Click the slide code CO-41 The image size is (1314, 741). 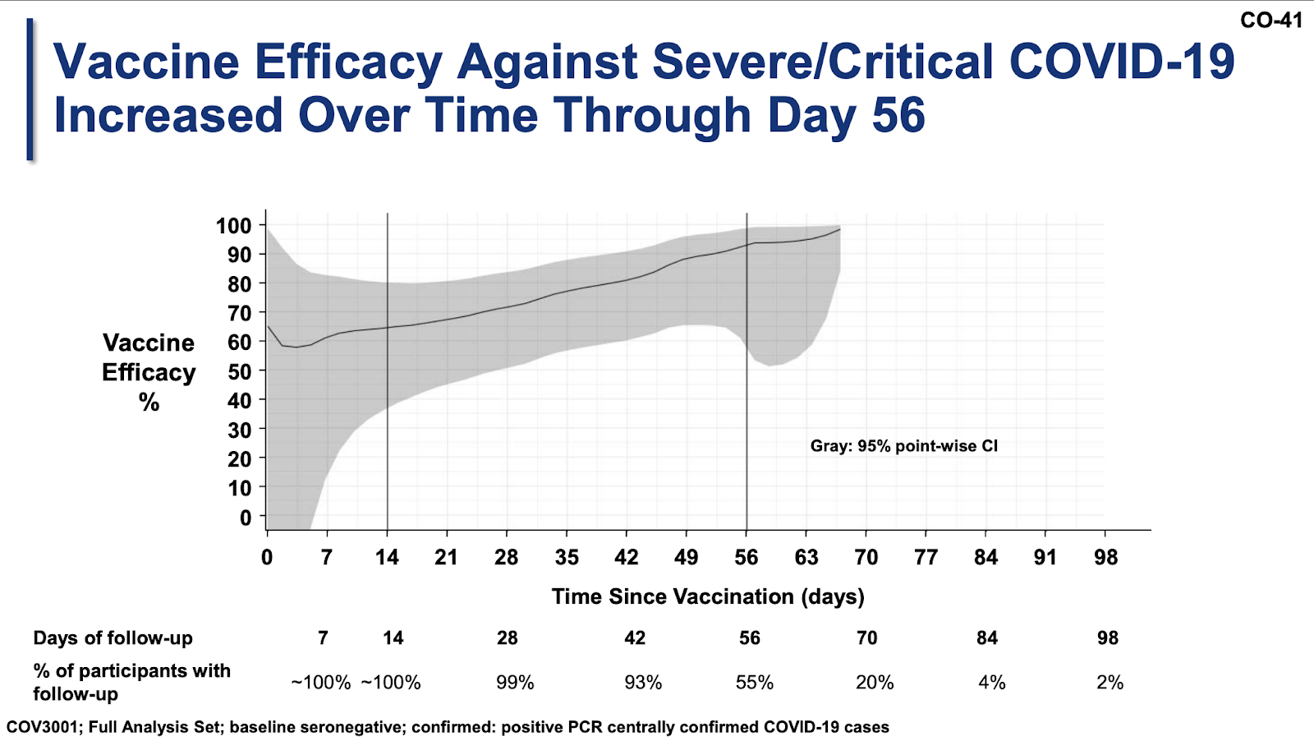(1270, 20)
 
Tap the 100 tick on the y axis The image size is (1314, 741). (234, 226)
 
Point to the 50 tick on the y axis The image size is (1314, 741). (239, 371)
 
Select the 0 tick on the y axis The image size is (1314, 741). (246, 518)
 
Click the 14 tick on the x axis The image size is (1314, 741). (387, 558)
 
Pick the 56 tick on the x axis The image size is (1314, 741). (747, 558)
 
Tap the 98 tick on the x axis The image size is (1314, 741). (1106, 558)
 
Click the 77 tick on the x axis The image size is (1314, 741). (926, 558)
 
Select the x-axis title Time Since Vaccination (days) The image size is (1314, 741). (708, 596)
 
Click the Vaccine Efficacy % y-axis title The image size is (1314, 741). (149, 372)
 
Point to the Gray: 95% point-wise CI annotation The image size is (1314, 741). (904, 446)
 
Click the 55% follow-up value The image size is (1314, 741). (755, 683)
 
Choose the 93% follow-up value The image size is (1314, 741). (642, 683)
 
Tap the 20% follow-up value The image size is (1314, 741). (875, 683)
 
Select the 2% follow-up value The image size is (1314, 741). (1110, 683)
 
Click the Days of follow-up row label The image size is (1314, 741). (113, 638)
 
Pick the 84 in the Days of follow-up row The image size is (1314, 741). (987, 638)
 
